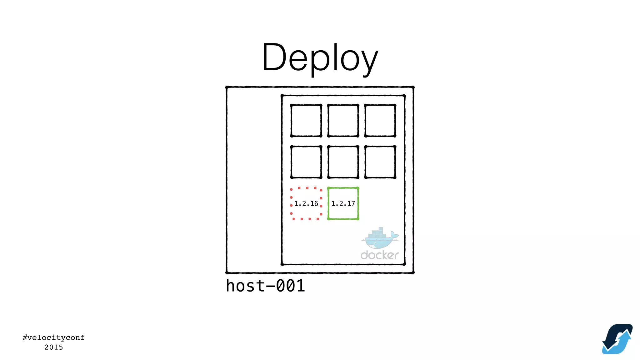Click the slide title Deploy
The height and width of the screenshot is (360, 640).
coord(320,58)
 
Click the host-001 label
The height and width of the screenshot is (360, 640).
coord(265,286)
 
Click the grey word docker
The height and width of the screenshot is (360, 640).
coord(380,255)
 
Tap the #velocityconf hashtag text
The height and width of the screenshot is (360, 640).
coord(53,337)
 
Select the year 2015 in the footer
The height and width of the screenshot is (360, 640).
coord(53,347)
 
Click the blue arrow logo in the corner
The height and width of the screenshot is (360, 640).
coord(617,339)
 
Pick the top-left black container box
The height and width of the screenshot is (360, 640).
coord(306,121)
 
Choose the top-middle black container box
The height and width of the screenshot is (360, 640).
coord(343,121)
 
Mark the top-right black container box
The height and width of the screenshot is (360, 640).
coord(380,121)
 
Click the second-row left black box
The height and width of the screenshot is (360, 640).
coord(306,162)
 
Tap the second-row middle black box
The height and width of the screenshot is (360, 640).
coord(343,162)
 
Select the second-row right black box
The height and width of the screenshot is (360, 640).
coord(380,162)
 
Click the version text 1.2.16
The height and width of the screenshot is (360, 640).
coord(306,204)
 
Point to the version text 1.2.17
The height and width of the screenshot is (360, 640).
coord(343,204)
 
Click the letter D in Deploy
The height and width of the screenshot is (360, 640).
coord(274,57)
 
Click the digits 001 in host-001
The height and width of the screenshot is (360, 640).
coord(291,286)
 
